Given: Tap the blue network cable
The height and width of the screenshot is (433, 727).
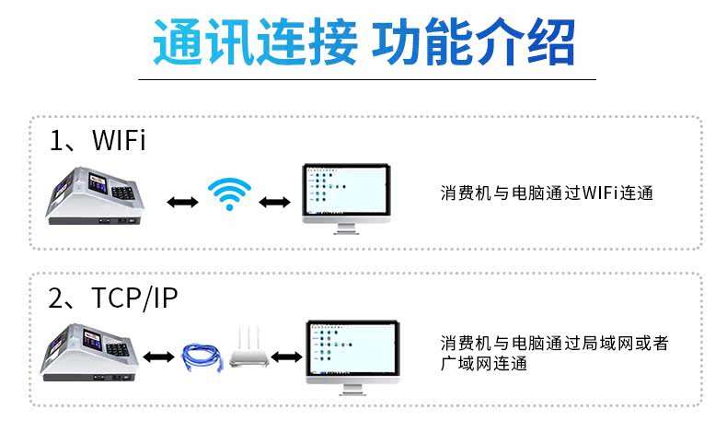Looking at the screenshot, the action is click(202, 357).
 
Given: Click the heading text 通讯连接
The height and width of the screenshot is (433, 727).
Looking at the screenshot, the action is click(256, 41).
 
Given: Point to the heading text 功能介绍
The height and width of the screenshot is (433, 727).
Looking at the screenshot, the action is click(473, 41).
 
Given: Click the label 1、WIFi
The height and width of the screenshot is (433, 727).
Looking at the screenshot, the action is click(98, 140).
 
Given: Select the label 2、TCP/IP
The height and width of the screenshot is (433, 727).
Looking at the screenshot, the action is click(112, 298).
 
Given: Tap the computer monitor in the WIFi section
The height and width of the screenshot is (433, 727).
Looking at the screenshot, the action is click(346, 199).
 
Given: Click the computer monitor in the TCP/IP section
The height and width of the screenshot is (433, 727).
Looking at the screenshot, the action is click(352, 357).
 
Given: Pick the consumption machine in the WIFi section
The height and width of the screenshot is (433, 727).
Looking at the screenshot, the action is click(95, 196).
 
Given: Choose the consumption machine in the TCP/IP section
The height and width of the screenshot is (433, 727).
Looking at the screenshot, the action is click(90, 353).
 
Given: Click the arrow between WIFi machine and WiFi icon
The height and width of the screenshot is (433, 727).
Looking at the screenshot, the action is click(183, 202).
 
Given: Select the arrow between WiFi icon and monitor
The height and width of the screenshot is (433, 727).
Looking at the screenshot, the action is click(274, 202).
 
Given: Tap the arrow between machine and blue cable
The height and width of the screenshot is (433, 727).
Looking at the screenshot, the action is click(158, 357).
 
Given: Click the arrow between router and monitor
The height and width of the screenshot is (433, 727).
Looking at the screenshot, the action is click(286, 357).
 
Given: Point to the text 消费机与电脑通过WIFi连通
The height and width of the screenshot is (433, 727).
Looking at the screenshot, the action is click(548, 193).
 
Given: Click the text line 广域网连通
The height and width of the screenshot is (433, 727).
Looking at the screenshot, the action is click(484, 363).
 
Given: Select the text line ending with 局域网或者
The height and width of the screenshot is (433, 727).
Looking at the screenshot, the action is click(555, 343).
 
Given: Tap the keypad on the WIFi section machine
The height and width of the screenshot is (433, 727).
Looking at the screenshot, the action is click(123, 192).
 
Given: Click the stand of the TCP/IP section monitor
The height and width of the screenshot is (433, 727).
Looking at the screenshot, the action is click(352, 389).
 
